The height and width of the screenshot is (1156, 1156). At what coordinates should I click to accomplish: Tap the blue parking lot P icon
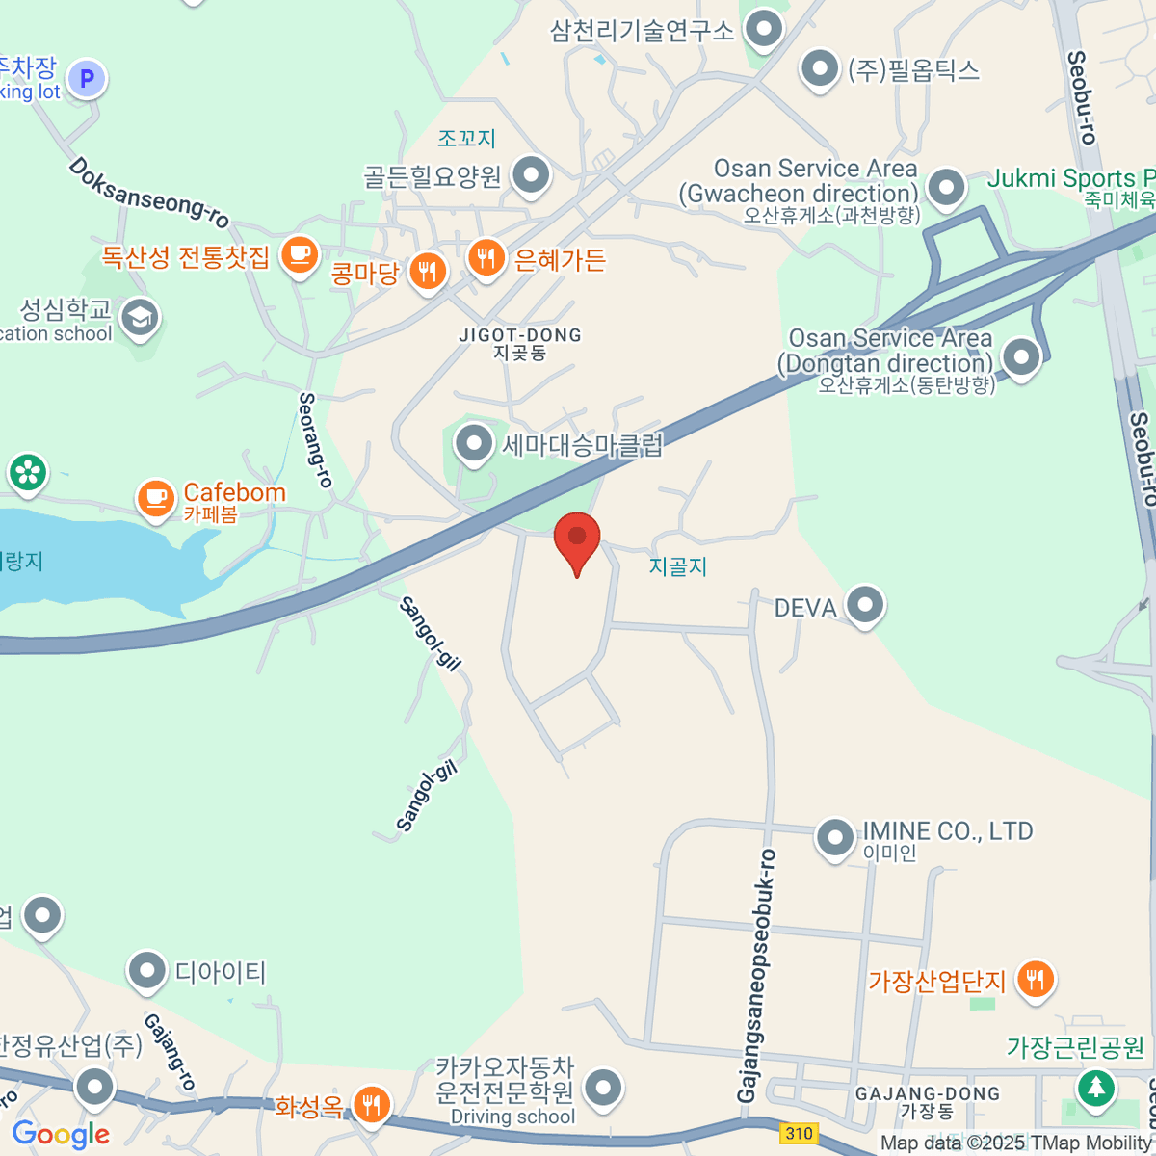(x=87, y=78)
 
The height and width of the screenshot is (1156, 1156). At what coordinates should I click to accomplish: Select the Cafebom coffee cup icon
(x=156, y=498)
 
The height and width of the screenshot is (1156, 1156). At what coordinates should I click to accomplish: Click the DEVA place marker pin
(x=864, y=606)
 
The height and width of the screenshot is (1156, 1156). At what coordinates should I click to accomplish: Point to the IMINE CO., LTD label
(x=947, y=831)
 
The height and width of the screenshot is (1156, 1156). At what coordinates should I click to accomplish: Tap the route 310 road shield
(x=799, y=1133)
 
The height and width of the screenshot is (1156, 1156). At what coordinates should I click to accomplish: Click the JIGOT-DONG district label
(x=520, y=335)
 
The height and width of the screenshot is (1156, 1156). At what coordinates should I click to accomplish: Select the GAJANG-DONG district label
(x=928, y=1094)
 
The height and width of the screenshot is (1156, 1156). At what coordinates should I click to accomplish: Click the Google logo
(x=61, y=1135)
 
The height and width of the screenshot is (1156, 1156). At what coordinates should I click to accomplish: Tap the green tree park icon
(x=1094, y=1088)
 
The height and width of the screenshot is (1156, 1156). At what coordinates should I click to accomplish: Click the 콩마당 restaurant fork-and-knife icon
(x=428, y=272)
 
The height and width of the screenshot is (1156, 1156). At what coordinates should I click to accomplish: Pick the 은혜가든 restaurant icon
(x=486, y=257)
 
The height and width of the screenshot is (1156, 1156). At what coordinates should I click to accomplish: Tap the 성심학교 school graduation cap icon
(x=141, y=317)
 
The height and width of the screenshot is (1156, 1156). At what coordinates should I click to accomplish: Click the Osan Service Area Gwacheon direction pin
(x=946, y=187)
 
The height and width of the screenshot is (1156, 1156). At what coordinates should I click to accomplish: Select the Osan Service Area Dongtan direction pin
(x=1021, y=356)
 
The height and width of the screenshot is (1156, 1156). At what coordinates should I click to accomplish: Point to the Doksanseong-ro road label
(x=148, y=193)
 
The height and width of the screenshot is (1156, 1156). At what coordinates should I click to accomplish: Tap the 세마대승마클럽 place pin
(x=473, y=443)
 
